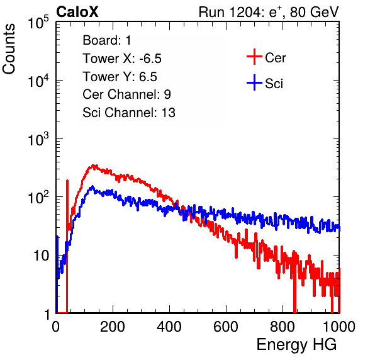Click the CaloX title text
click(x=77, y=12)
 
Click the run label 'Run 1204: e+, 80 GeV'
click(x=269, y=12)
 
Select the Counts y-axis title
click(x=9, y=49)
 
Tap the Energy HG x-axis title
click(x=296, y=345)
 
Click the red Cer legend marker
click(x=254, y=57)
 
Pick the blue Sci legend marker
click(x=254, y=82)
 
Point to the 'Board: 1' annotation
click(x=107, y=40)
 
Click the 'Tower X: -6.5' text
click(x=122, y=59)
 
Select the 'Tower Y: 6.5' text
click(x=120, y=77)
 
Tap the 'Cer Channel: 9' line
click(x=126, y=94)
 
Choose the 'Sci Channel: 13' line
click(x=129, y=113)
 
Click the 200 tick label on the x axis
click(x=113, y=327)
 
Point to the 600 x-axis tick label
click(x=226, y=327)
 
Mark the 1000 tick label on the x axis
click(x=339, y=327)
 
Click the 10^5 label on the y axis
click(x=38, y=23)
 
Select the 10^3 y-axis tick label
click(x=38, y=139)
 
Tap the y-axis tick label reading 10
click(x=41, y=256)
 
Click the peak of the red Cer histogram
click(x=94, y=165)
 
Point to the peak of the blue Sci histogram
click(x=92, y=186)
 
